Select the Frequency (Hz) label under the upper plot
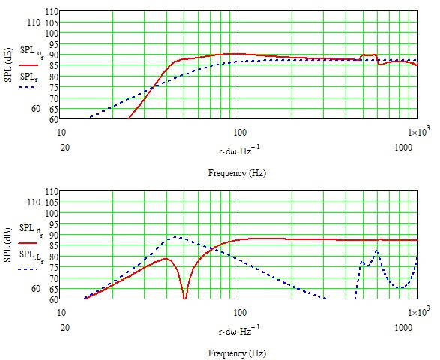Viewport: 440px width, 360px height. tap(238, 173)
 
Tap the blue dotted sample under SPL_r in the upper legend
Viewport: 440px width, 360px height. tap(29, 86)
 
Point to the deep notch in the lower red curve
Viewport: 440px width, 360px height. tap(184, 296)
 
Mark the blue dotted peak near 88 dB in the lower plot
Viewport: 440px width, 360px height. tap(177, 237)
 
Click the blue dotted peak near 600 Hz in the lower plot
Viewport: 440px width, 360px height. tap(377, 251)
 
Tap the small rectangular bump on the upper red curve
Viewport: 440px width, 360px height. tap(368, 55)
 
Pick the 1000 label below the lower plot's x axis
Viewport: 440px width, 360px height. tap(406, 328)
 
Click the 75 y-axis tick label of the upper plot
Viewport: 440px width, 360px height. tap(52, 87)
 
